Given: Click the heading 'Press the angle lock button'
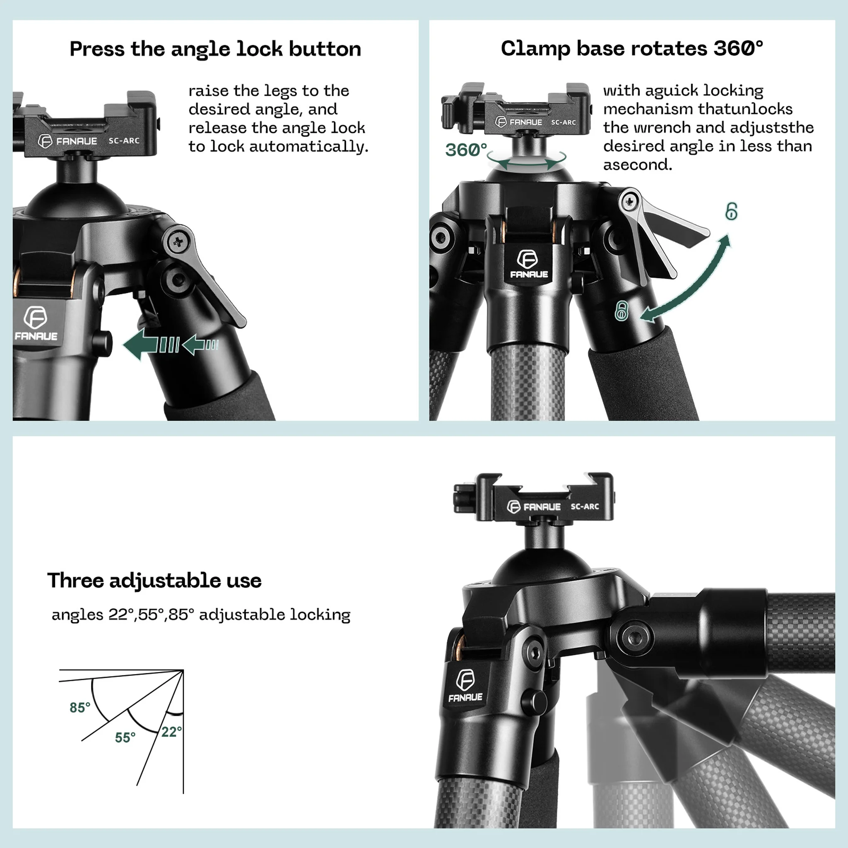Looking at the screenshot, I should pyautogui.click(x=215, y=49).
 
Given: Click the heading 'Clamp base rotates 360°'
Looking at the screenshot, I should pyautogui.click(x=631, y=48).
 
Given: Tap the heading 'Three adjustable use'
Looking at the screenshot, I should pyautogui.click(x=154, y=580).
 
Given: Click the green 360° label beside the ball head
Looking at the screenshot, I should pyautogui.click(x=466, y=150).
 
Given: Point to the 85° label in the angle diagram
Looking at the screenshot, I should pyautogui.click(x=80, y=708).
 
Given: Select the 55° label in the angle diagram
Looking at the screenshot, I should pyautogui.click(x=125, y=737).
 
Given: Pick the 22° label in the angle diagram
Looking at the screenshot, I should pyautogui.click(x=171, y=732).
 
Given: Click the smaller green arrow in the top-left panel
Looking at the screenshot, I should pyautogui.click(x=198, y=344).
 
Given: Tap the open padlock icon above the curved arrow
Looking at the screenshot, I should pyautogui.click(x=731, y=212).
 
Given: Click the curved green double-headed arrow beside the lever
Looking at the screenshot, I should pyautogui.click(x=694, y=281).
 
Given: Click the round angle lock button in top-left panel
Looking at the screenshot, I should pyautogui.click(x=103, y=343).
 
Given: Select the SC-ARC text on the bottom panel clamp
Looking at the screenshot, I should pyautogui.click(x=585, y=506).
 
